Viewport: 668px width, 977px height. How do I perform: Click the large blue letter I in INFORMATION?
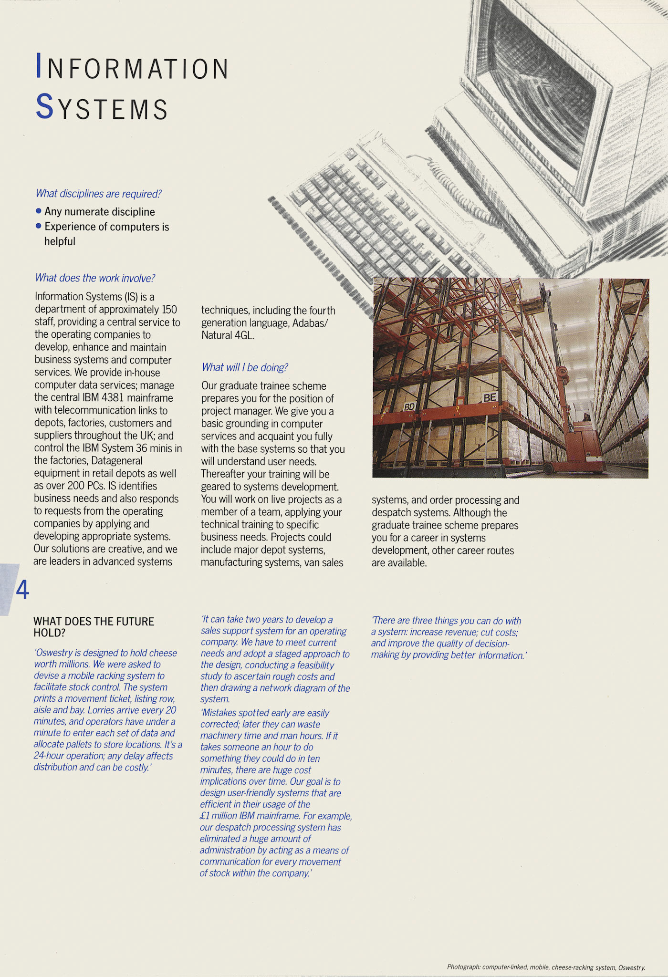[x=39, y=65]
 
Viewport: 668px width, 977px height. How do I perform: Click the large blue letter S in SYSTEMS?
[x=44, y=106]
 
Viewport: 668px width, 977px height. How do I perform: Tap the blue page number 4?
[x=22, y=590]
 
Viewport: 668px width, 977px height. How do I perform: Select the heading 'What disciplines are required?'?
[x=98, y=194]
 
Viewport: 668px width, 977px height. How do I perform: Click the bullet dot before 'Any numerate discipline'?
[x=39, y=211]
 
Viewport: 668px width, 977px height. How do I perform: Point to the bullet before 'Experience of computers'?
[x=39, y=226]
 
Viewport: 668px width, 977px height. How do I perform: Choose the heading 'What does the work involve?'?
[x=95, y=278]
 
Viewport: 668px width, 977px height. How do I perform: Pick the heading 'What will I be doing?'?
[x=245, y=367]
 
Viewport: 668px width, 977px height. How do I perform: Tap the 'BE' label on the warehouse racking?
[x=490, y=397]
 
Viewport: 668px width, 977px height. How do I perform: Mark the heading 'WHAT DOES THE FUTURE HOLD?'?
[x=94, y=627]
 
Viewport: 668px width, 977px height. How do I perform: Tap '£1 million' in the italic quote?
[x=219, y=816]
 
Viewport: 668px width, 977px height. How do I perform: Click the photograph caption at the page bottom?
[x=545, y=967]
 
